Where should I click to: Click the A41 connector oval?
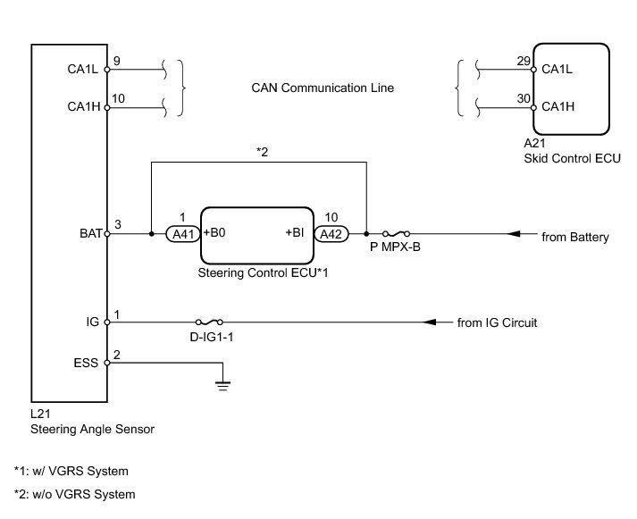pos(182,235)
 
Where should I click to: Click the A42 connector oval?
pos(331,235)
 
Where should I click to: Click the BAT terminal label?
pos(91,235)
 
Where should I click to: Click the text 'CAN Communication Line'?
pos(323,88)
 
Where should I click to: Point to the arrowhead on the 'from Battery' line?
pos(515,235)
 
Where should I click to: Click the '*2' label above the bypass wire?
pos(262,153)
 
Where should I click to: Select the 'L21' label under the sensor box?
pos(38,414)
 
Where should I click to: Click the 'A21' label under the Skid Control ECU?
pos(534,143)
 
